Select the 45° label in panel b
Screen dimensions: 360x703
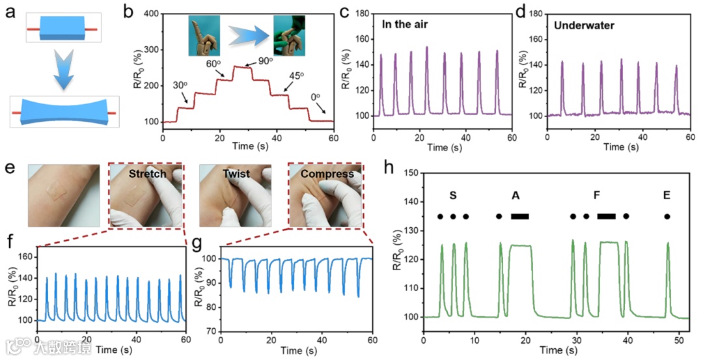pyautogui.click(x=297, y=76)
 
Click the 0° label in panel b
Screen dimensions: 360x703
pyautogui.click(x=315, y=97)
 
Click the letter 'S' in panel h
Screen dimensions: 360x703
pyautogui.click(x=452, y=195)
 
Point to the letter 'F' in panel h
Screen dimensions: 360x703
pyautogui.click(x=596, y=195)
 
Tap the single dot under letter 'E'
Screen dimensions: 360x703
pyautogui.click(x=667, y=216)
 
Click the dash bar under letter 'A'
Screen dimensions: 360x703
pyautogui.click(x=520, y=216)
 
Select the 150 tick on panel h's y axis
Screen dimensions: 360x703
pyautogui.click(x=411, y=173)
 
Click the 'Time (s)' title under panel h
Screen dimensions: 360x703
pyautogui.click(x=557, y=350)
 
